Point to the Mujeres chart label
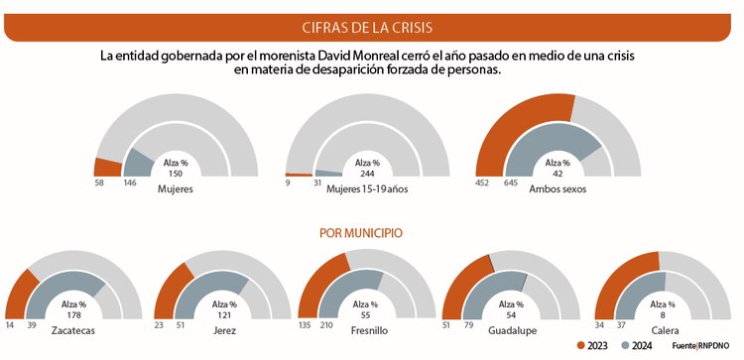pos(175,187)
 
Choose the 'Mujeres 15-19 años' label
pos(366,187)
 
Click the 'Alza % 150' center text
pos(175,168)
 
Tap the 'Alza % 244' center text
pos(366,168)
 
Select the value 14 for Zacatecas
pos(10,322)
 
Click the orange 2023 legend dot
pos(581,345)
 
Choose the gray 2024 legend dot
pos(624,345)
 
